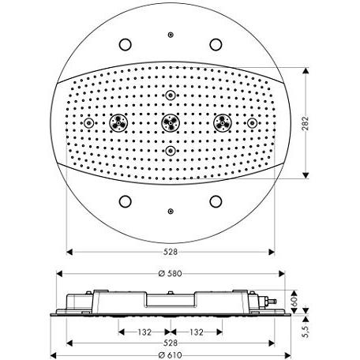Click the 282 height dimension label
(x=306, y=123)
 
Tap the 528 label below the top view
(x=171, y=252)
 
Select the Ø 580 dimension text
(x=171, y=273)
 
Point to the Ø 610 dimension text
(x=171, y=355)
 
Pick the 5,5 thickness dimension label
(x=306, y=331)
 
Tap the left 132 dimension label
(x=144, y=332)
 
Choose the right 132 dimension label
(x=197, y=332)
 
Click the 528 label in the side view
(x=171, y=343)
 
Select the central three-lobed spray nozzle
(x=171, y=122)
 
